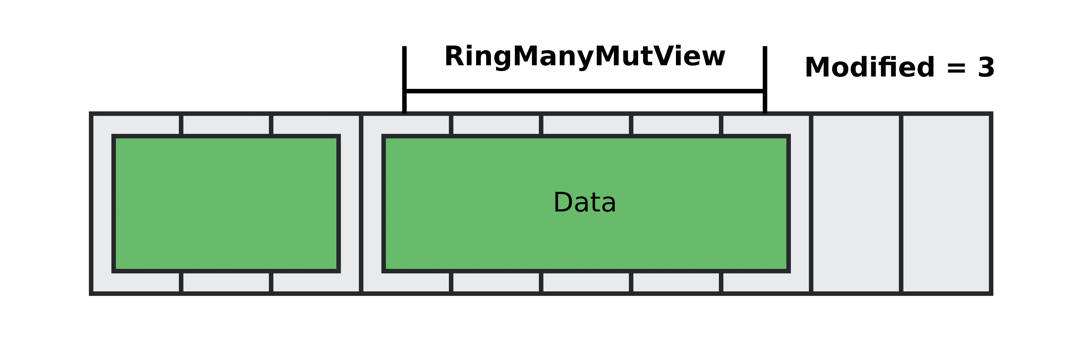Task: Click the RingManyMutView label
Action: (x=585, y=56)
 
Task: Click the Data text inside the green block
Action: (x=585, y=203)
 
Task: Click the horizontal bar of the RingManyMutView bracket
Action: (x=585, y=91)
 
